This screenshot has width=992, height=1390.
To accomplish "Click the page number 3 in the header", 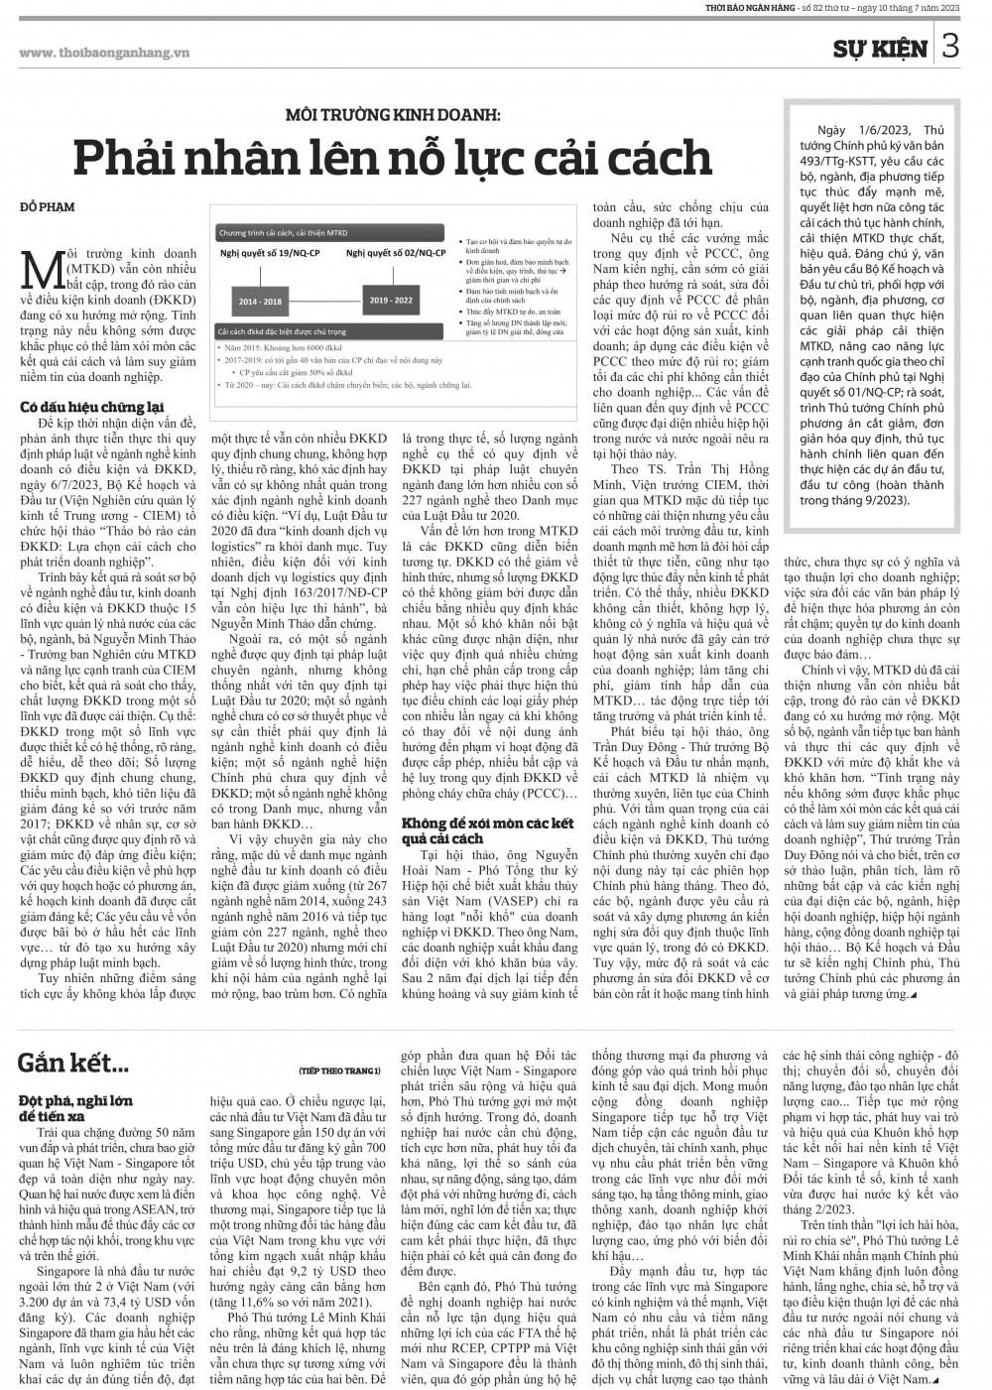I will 949,47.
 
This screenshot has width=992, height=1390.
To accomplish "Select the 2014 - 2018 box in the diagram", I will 259,301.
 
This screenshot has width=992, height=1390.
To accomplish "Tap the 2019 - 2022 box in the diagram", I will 390,300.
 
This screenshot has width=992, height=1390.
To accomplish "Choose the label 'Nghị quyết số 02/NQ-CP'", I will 395,254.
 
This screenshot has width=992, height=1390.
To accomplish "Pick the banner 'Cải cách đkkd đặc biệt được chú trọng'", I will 283,330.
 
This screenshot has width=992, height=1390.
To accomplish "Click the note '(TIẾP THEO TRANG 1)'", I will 339,1071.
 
